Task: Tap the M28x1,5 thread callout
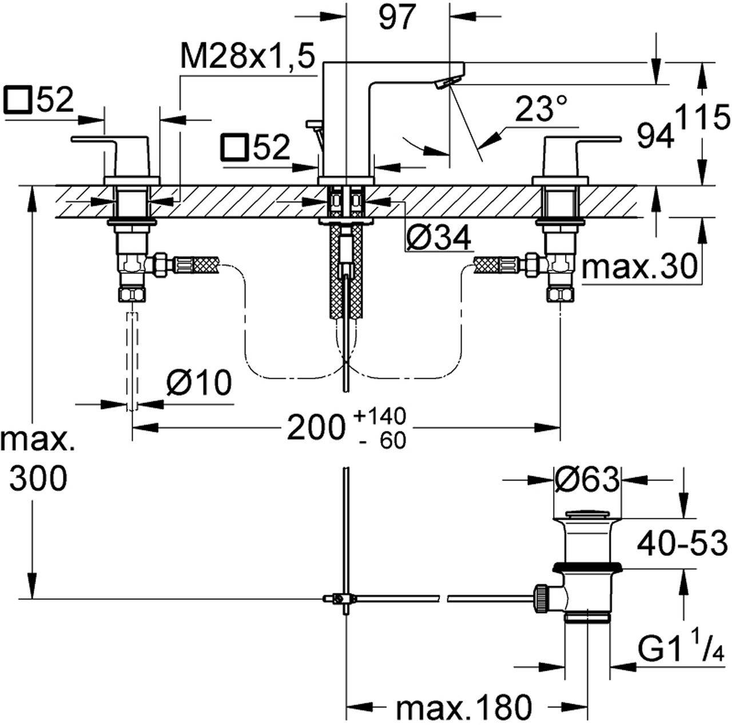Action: tap(247, 59)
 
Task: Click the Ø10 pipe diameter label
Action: tap(198, 383)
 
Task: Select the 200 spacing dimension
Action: tap(316, 427)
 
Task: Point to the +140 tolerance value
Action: tap(380, 416)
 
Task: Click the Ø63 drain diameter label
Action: tap(587, 480)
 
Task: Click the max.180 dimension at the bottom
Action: tap(464, 708)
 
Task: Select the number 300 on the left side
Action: tap(39, 479)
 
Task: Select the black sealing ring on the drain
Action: tap(587, 567)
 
